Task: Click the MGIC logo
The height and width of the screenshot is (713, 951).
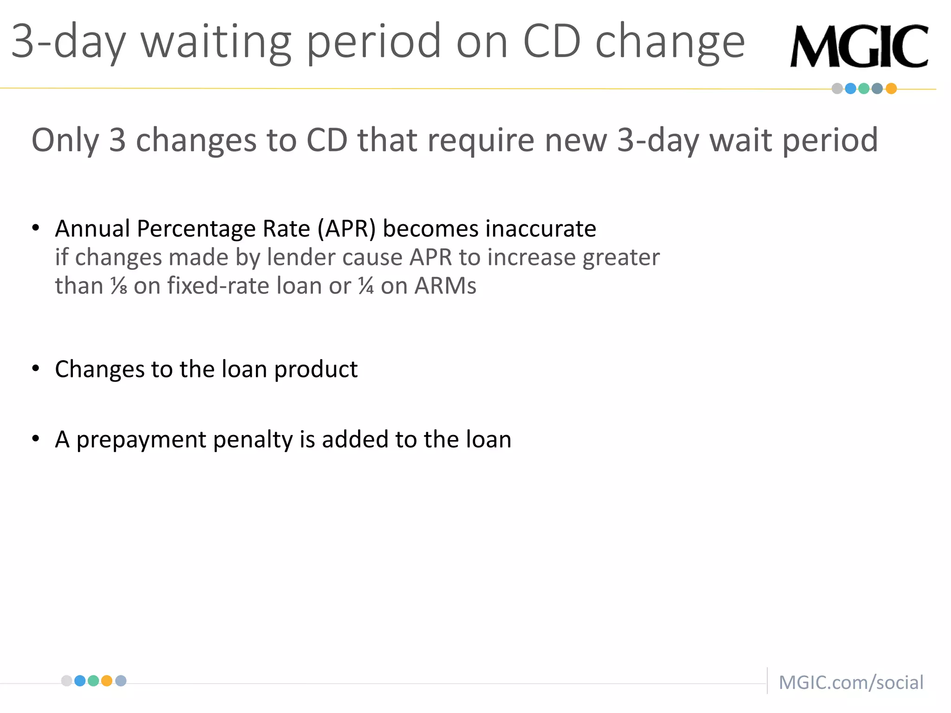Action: coord(859,46)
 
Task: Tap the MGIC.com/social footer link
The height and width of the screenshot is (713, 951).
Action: coord(851,682)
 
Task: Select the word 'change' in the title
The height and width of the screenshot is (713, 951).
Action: coord(670,43)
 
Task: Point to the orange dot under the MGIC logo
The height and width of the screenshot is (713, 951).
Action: coord(891,89)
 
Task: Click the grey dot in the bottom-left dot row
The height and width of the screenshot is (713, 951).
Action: coord(67,681)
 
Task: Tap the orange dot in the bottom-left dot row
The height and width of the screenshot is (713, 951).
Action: coord(107,681)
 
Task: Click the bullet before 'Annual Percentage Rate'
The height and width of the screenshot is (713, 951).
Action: coord(36,228)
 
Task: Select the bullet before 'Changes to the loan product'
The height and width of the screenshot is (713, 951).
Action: coord(36,369)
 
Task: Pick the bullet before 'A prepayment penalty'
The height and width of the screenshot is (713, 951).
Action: coord(36,439)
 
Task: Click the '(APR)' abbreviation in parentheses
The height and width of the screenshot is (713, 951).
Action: coord(346,229)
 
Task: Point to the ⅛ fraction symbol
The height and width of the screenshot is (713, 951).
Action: coord(119,286)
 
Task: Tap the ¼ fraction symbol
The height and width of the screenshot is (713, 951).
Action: coord(366,286)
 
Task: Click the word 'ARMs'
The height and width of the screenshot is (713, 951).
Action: coord(445,286)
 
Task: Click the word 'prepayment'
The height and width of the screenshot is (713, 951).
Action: coord(141,440)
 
